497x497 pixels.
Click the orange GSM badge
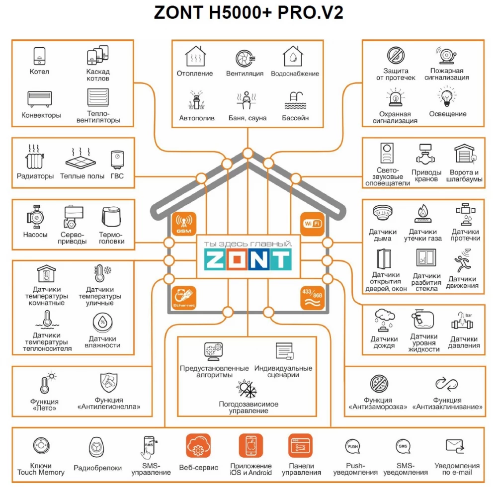[184, 224]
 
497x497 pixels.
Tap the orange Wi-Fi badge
[312, 224]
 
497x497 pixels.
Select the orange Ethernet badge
[184, 298]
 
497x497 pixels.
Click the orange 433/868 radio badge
[312, 298]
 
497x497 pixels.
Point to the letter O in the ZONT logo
[237, 259]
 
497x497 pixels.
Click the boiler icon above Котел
[40, 56]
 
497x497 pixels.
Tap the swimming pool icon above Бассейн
[295, 100]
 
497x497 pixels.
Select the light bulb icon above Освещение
[447, 97]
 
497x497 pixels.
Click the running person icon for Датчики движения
[462, 261]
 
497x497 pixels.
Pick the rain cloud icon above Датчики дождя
[385, 320]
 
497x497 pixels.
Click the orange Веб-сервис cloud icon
[198, 446]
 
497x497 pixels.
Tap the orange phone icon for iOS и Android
[250, 446]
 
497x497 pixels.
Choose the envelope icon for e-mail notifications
[455, 446]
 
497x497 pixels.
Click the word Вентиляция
[245, 74]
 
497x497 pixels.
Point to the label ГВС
[117, 176]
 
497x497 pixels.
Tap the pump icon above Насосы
[35, 217]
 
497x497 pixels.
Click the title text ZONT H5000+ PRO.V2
[248, 13]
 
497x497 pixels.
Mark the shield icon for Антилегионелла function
[109, 383]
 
